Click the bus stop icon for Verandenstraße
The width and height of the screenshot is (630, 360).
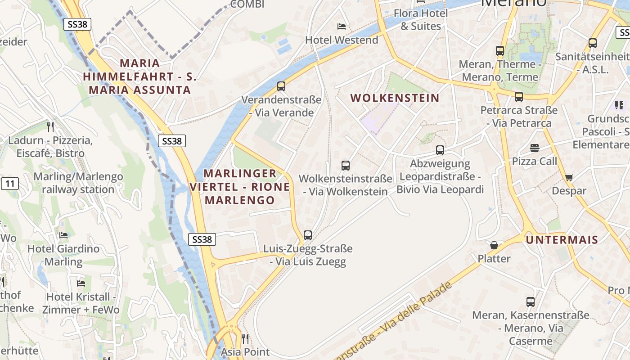[x=281, y=86]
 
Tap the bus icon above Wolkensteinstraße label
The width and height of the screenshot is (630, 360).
[x=346, y=165]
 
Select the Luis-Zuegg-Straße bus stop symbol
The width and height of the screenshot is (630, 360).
[x=308, y=235]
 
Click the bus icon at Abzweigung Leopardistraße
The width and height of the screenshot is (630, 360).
[x=440, y=150]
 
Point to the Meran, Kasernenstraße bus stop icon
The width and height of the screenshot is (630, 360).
[x=531, y=301]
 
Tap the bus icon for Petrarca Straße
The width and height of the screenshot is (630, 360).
[x=519, y=96]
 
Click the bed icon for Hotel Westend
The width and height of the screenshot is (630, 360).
[x=342, y=27]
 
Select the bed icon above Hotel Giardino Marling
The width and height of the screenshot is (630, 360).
[x=63, y=235]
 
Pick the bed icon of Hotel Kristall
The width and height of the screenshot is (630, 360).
[x=81, y=283]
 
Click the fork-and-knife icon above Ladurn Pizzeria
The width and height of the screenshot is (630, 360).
[x=50, y=126]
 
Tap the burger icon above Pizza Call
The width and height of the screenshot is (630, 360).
[x=535, y=148]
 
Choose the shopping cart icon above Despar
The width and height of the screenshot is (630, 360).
[x=569, y=177]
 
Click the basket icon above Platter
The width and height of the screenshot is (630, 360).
[x=494, y=245]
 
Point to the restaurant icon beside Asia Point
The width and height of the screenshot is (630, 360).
[x=245, y=338]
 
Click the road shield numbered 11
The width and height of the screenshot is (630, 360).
[x=10, y=184]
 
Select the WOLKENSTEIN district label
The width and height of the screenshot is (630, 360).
[x=395, y=98]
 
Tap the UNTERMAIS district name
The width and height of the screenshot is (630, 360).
[x=562, y=240]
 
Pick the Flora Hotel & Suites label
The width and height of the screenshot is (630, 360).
[x=421, y=20]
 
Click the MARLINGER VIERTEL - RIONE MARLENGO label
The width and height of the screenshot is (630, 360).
[x=240, y=187]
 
